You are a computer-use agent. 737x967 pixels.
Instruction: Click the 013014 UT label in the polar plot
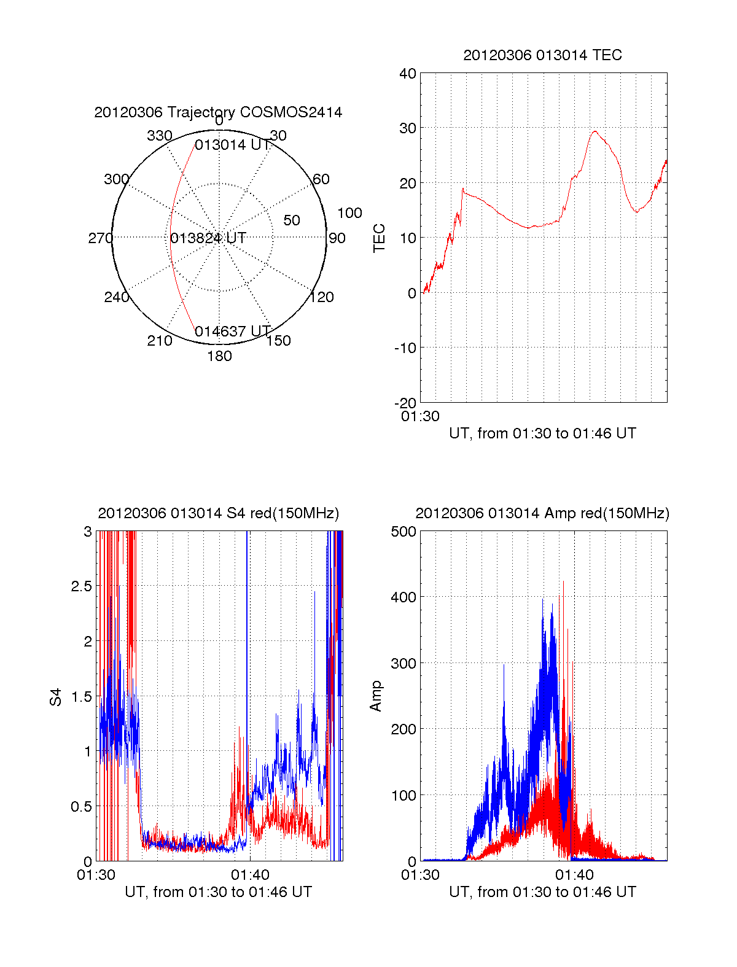click(232, 145)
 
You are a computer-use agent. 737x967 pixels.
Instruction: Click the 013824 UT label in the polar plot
click(208, 238)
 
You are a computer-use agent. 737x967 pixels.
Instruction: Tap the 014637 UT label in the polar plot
click(232, 332)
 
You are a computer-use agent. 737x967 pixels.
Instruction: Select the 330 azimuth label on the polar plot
click(159, 136)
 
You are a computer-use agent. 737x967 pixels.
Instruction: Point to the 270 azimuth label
click(100, 238)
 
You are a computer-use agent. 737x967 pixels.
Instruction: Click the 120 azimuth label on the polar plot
click(322, 297)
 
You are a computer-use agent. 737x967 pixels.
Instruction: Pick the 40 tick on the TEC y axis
click(408, 74)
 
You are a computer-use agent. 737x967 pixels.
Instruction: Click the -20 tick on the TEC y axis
click(406, 403)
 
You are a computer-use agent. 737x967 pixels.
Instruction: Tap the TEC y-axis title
click(380, 238)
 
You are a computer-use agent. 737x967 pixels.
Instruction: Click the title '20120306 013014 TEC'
click(542, 55)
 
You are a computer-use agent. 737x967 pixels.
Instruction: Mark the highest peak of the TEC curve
click(595, 131)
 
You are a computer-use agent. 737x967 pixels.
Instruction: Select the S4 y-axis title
click(56, 697)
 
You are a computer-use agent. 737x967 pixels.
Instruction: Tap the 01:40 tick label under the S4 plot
click(250, 875)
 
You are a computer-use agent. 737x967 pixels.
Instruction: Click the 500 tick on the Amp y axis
click(404, 532)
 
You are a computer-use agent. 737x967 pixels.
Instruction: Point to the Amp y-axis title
click(376, 696)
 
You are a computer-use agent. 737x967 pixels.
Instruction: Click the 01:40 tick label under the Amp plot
click(574, 875)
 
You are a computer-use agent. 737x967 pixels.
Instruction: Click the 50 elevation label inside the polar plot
click(291, 220)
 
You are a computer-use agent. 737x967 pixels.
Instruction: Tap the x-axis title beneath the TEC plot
click(542, 433)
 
